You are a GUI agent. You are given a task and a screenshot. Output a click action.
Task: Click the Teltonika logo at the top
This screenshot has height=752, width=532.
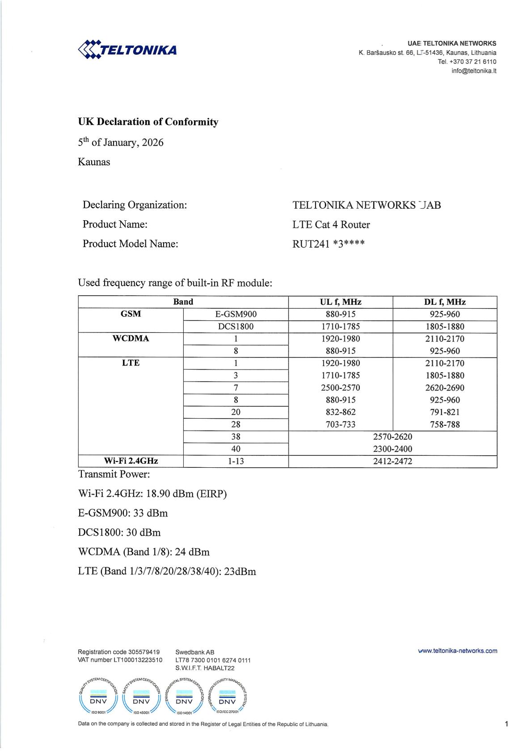(x=127, y=49)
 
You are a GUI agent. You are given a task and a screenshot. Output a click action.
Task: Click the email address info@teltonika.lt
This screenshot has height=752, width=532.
(x=473, y=71)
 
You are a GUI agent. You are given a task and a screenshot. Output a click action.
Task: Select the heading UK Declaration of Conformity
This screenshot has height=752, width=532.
(x=148, y=122)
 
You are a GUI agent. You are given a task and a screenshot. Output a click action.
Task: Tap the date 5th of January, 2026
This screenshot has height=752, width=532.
(x=121, y=143)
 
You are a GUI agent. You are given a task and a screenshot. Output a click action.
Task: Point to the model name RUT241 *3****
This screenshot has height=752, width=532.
(x=328, y=244)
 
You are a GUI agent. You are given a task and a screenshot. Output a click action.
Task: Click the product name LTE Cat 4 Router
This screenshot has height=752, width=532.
(x=331, y=224)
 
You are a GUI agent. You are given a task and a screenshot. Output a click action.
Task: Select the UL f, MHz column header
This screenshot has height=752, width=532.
(x=340, y=302)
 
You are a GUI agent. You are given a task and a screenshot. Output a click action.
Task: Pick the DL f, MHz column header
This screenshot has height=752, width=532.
(x=444, y=302)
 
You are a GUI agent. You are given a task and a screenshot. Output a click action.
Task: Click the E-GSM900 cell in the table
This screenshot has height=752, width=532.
(x=236, y=314)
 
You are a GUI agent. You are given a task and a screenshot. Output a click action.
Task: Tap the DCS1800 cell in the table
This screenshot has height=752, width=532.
(x=236, y=327)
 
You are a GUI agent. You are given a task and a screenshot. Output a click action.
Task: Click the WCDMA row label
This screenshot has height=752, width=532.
(x=131, y=339)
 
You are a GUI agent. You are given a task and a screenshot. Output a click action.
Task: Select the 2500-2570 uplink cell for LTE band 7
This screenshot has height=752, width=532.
(x=340, y=388)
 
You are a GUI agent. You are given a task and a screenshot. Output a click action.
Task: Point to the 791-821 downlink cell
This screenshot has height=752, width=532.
(x=444, y=412)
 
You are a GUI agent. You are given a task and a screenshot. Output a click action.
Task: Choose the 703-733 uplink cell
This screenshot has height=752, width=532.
(x=340, y=424)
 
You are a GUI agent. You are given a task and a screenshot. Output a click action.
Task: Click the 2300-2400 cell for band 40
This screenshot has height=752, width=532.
(x=393, y=449)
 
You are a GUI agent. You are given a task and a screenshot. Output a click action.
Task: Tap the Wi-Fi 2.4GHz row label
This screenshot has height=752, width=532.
(x=131, y=461)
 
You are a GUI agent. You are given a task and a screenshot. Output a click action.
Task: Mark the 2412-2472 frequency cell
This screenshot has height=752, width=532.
(x=393, y=461)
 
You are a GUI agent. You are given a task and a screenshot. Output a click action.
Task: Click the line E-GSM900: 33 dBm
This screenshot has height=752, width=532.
(x=123, y=513)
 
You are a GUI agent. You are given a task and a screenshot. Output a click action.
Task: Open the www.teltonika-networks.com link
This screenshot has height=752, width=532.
(x=457, y=651)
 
